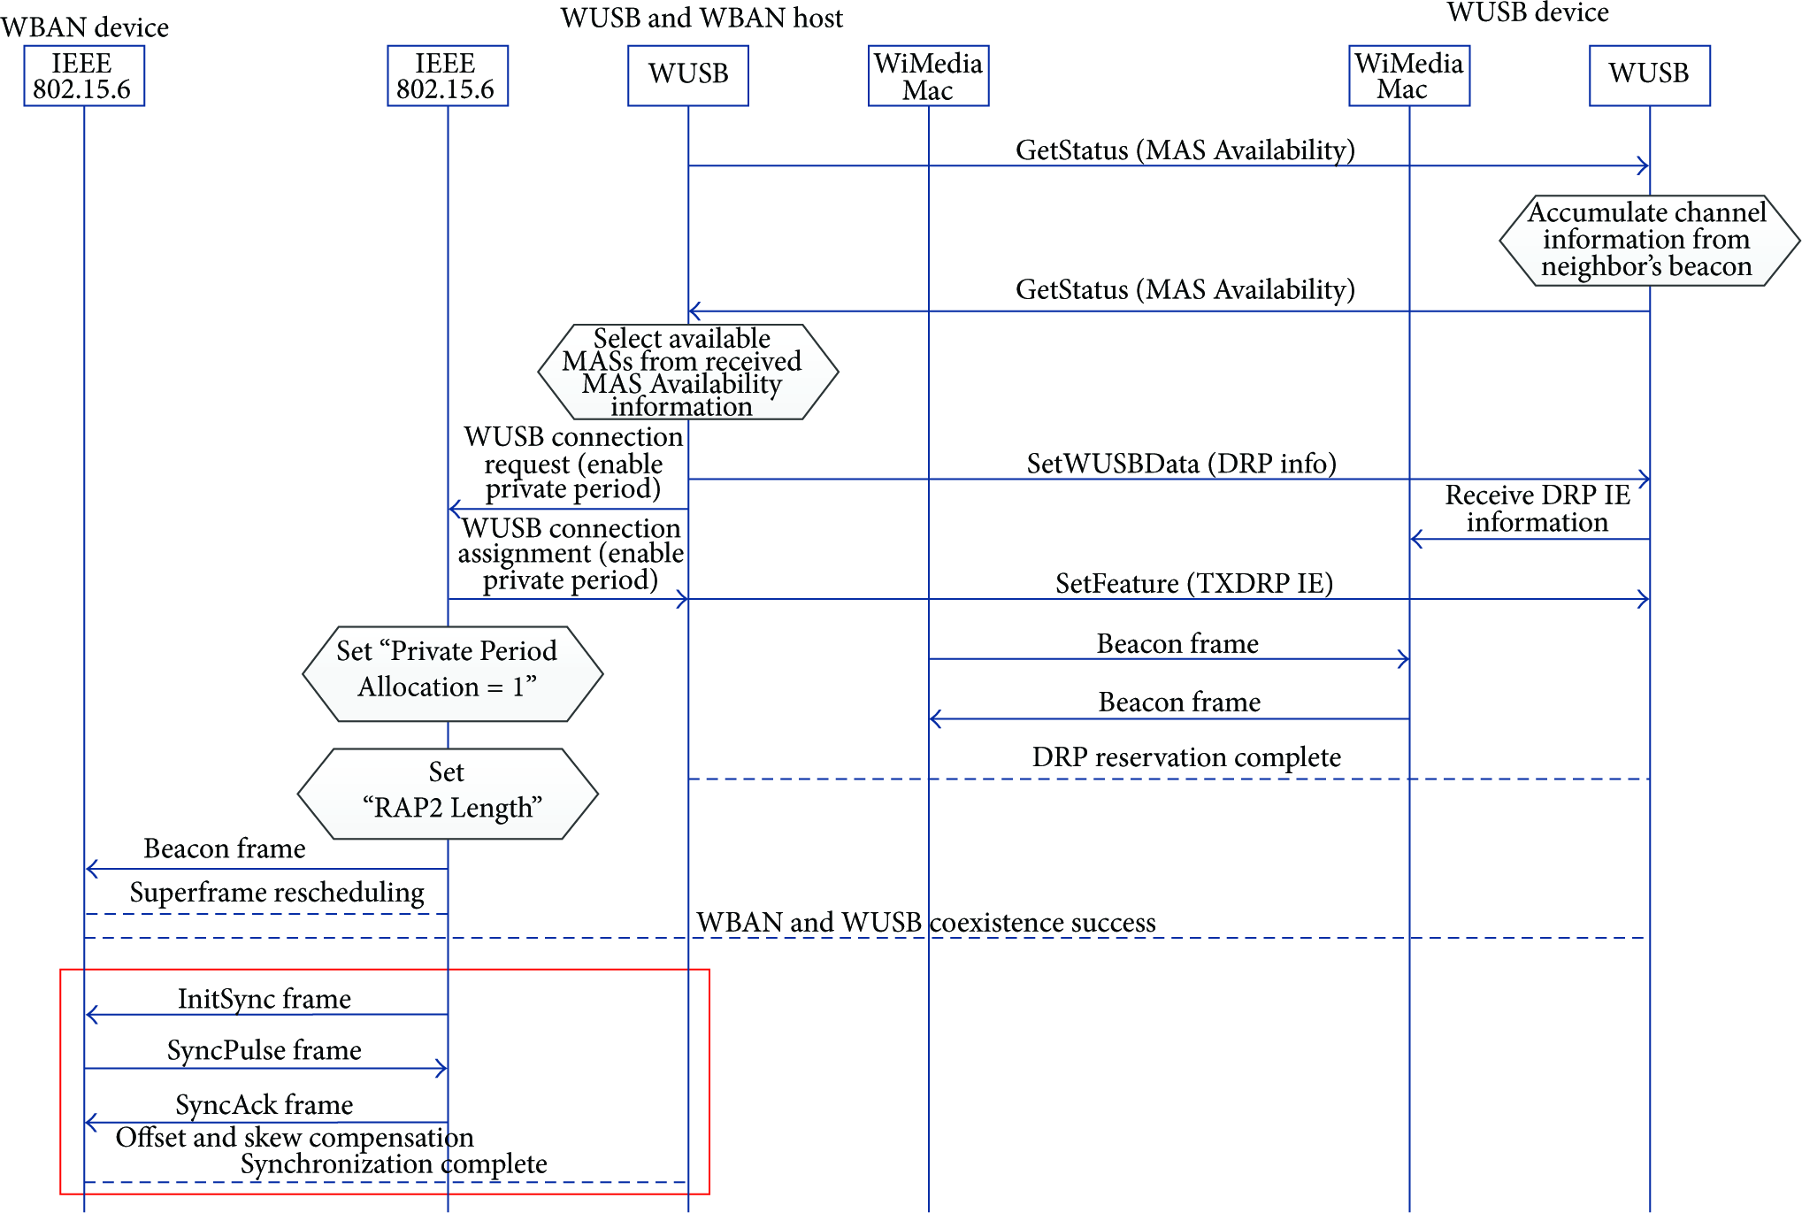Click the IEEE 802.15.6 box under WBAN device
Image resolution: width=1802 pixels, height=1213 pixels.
click(x=84, y=76)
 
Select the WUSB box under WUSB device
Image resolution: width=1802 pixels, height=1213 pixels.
click(x=1649, y=76)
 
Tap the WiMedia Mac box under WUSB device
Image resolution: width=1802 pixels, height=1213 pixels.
click(x=1409, y=76)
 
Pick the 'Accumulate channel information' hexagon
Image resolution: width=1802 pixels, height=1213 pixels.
click(x=1649, y=241)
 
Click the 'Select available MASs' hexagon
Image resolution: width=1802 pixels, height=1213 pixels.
click(x=688, y=372)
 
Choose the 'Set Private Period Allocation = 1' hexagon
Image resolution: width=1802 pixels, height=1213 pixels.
click(x=452, y=674)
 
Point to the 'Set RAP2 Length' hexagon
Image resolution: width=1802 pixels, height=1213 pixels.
click(x=448, y=794)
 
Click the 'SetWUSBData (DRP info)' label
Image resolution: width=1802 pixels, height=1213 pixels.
click(x=1181, y=464)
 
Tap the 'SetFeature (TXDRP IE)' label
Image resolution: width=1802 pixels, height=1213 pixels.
click(x=1194, y=584)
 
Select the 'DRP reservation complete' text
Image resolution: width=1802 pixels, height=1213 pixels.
click(x=1186, y=757)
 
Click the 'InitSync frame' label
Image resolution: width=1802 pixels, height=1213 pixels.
click(x=265, y=999)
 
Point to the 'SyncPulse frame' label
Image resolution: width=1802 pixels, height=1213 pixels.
click(x=265, y=1050)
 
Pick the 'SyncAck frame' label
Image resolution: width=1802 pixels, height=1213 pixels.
click(x=265, y=1105)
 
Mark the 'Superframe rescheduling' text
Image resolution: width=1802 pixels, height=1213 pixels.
click(x=277, y=893)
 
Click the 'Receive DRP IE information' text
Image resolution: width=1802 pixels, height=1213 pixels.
click(x=1537, y=509)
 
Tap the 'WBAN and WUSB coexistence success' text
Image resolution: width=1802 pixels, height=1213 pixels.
click(x=926, y=923)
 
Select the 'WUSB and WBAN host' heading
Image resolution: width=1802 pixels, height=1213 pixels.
click(x=702, y=18)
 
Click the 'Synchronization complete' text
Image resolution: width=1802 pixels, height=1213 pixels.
click(x=394, y=1164)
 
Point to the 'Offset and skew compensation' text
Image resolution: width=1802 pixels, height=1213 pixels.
click(x=295, y=1138)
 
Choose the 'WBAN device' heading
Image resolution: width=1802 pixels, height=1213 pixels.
click(x=85, y=27)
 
